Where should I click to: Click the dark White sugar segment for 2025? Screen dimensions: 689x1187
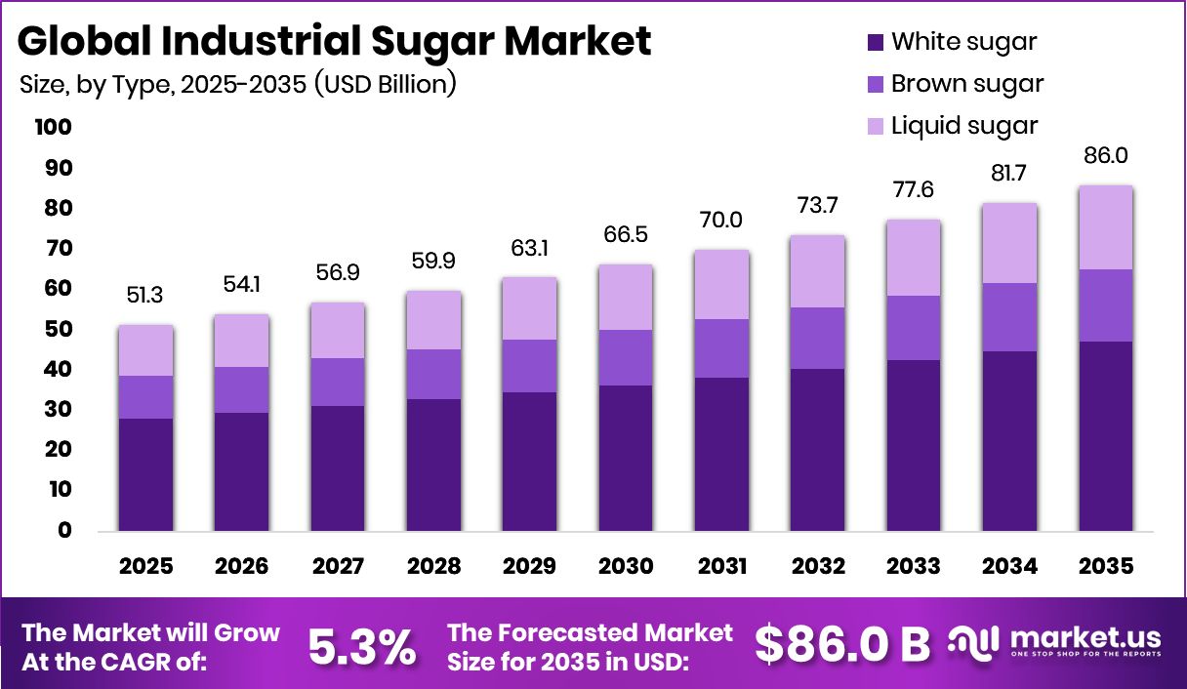pyautogui.click(x=146, y=474)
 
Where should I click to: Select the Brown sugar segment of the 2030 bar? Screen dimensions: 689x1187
pyautogui.click(x=625, y=357)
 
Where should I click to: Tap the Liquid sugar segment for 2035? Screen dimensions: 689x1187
pyautogui.click(x=1107, y=227)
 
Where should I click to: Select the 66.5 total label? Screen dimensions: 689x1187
pyautogui.click(x=625, y=235)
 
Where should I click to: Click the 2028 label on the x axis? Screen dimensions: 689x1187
pyautogui.click(x=433, y=567)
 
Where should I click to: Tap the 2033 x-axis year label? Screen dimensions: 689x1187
pyautogui.click(x=914, y=567)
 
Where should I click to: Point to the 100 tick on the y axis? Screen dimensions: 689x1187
pyautogui.click(x=52, y=128)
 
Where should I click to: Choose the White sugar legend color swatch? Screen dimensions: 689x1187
pyautogui.click(x=875, y=42)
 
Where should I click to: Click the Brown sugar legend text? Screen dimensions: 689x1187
pyautogui.click(x=967, y=84)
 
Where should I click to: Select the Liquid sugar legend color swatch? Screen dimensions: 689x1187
pyautogui.click(x=875, y=126)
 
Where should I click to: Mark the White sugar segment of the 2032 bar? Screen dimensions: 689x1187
pyautogui.click(x=817, y=450)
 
